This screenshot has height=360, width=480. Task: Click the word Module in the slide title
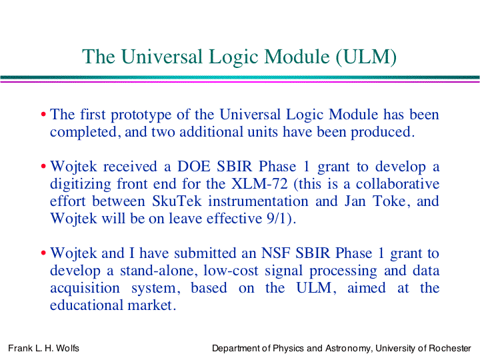(296, 57)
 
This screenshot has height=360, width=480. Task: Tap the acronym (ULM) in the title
(366, 57)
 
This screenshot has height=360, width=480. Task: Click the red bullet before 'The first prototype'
(43, 115)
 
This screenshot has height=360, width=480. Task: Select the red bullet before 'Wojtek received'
(43, 167)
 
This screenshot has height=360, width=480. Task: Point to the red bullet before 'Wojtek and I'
(43, 253)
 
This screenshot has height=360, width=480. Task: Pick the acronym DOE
(194, 167)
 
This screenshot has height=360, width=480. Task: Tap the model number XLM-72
(259, 184)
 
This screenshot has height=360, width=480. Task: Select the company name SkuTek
(177, 201)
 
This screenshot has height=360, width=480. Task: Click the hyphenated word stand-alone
(158, 271)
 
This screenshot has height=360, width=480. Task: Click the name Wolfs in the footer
(67, 349)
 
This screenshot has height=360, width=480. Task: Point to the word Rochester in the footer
(450, 349)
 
